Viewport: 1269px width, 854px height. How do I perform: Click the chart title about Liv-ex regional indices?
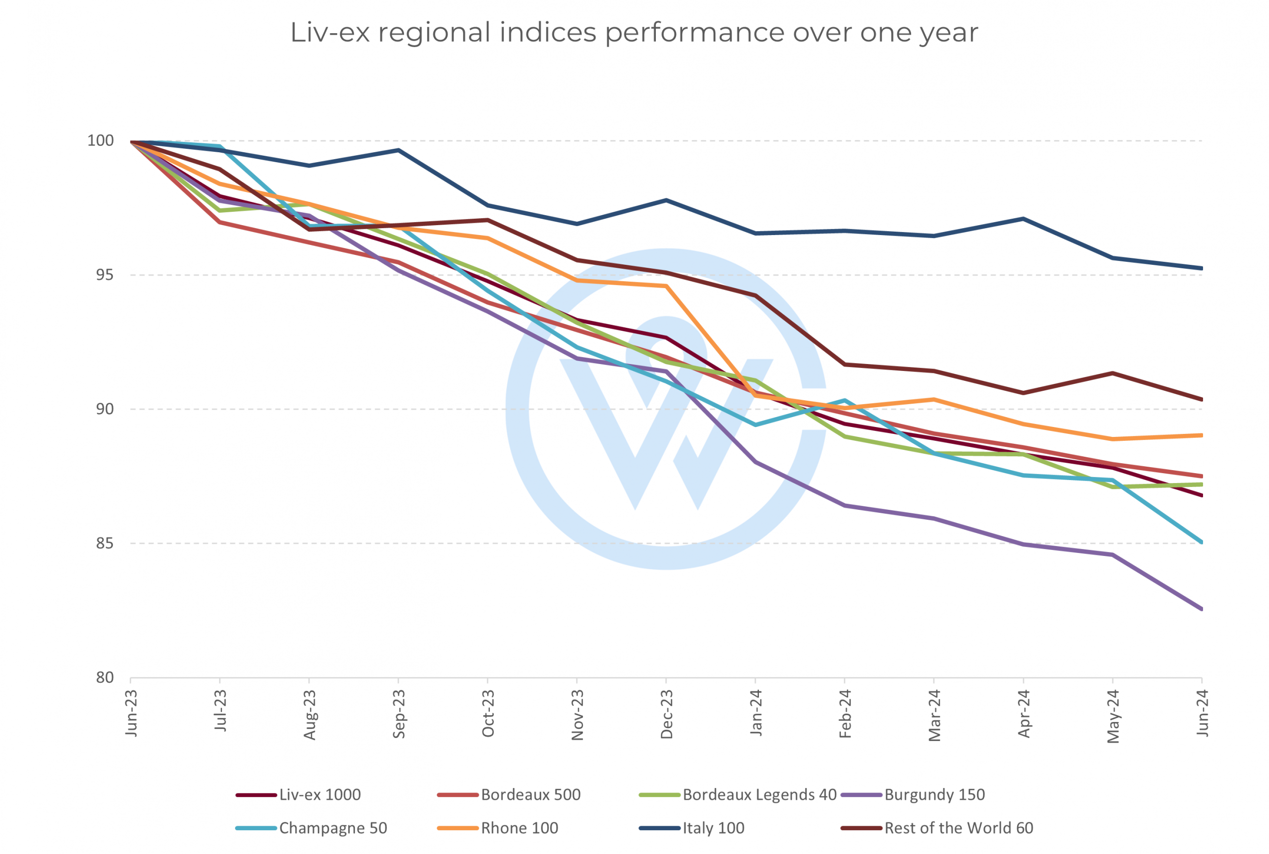634,33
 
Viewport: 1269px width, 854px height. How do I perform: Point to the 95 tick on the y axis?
105,275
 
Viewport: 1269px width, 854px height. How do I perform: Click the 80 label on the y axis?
105,677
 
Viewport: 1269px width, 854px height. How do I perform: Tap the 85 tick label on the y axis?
105,543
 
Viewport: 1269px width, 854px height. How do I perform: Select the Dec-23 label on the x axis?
666,714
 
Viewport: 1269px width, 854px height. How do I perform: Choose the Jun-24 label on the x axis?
1202,714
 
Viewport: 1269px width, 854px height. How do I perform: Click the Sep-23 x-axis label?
399,714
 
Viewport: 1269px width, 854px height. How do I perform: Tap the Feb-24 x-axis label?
845,714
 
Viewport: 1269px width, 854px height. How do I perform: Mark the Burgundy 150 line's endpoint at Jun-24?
1202,609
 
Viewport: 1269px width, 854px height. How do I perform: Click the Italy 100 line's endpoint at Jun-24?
1202,268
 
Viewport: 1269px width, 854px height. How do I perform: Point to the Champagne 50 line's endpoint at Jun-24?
1202,543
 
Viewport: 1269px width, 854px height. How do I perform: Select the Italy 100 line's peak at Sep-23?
399,150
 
